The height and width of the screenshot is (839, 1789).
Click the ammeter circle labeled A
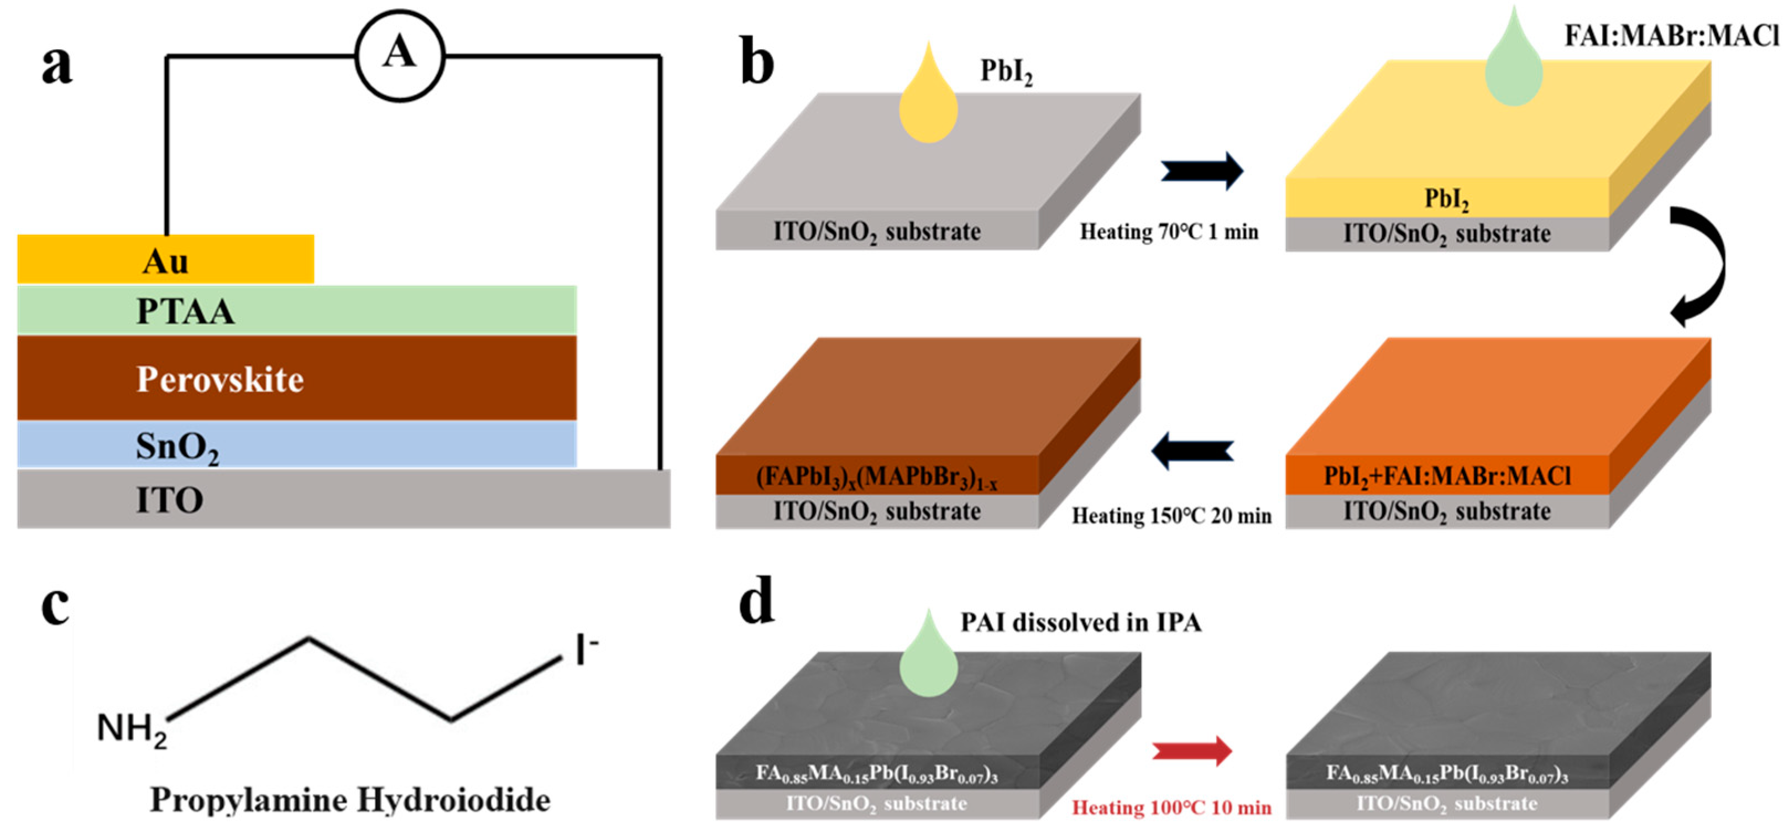399,55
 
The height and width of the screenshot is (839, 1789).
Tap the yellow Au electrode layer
165,260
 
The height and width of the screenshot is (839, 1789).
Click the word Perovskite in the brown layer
220,379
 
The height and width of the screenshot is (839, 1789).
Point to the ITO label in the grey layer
170,500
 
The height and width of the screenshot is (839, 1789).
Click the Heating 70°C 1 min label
1169,231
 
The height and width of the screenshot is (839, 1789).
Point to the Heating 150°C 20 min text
1171,515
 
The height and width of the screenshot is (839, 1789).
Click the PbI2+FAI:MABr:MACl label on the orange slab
1447,476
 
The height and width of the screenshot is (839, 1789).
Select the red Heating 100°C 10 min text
1171,807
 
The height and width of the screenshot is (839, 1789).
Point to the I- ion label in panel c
585,649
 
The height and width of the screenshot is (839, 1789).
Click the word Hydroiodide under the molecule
453,800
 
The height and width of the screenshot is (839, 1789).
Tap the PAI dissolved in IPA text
1081,622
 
